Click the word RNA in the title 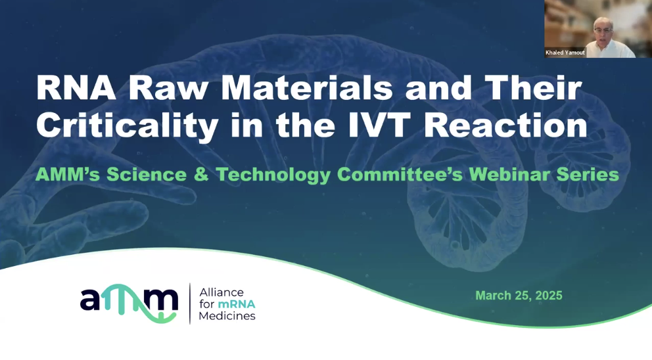click(x=76, y=88)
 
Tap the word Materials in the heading click(x=306, y=88)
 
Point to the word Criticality click(x=128, y=126)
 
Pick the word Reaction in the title click(x=505, y=125)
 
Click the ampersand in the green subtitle click(x=201, y=175)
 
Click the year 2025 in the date click(x=549, y=296)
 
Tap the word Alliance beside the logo click(x=221, y=292)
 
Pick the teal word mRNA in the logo click(x=237, y=304)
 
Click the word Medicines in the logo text click(x=227, y=316)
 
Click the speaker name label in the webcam click(x=565, y=53)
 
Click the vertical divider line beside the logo click(x=190, y=304)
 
